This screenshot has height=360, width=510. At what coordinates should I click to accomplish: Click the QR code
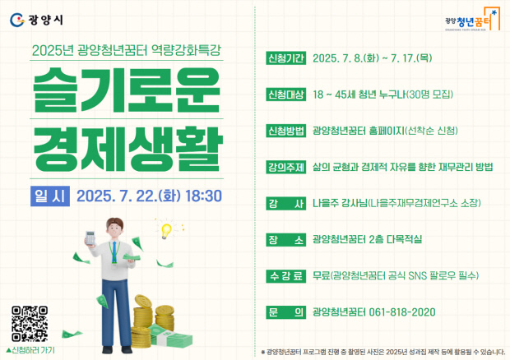(x=30, y=324)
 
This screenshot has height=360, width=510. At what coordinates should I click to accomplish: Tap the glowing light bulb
(x=166, y=231)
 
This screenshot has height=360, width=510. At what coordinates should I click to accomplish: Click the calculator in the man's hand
(x=90, y=238)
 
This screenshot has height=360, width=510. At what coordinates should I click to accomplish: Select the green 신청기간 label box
(x=286, y=58)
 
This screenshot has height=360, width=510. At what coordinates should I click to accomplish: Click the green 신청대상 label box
(x=286, y=95)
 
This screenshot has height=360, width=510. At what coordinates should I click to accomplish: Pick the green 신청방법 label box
(x=286, y=131)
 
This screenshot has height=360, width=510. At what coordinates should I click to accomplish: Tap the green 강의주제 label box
(x=286, y=167)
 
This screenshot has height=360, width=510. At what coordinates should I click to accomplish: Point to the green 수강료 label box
(x=286, y=276)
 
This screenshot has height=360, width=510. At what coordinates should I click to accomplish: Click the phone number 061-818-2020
(x=402, y=312)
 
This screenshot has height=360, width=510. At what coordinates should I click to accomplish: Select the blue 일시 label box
(x=50, y=196)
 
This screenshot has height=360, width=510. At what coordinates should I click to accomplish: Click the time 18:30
(x=203, y=196)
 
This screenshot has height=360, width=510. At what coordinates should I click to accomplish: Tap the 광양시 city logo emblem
(x=17, y=21)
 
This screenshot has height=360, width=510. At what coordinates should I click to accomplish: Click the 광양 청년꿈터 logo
(x=473, y=20)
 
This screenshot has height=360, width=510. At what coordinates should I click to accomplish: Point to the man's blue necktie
(x=114, y=252)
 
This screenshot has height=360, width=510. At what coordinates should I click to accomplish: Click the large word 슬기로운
(x=127, y=90)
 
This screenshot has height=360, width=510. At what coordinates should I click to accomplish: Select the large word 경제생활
(x=128, y=149)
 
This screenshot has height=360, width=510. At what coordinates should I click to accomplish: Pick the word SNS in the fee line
(x=417, y=276)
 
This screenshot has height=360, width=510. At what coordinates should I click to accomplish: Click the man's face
(x=115, y=229)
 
